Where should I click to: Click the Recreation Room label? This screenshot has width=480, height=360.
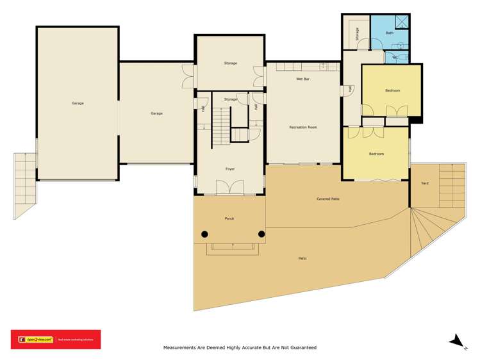pos(303,127)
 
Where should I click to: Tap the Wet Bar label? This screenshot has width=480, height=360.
pos(302,79)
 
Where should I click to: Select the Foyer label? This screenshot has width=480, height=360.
pos(229,168)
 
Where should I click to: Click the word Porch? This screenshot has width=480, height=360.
pos(229,218)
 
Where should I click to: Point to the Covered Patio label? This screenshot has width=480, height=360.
pos(327,199)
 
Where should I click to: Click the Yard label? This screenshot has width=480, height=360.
pos(424,183)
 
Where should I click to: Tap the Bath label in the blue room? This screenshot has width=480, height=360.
pos(390,33)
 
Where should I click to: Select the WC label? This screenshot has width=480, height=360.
pos(395,57)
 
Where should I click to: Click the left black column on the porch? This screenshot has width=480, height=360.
pos(204,234)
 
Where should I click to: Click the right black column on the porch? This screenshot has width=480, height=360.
pos(261,234)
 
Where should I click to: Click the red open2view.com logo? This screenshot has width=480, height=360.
pos(55,339)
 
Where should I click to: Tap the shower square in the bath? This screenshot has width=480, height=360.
pos(402,22)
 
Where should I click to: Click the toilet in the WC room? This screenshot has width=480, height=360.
pos(402,58)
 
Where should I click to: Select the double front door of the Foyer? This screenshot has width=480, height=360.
pos(229,187)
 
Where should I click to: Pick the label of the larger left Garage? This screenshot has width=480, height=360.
pos(78,103)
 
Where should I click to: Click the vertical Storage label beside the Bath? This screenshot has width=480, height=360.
pos(357,34)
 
